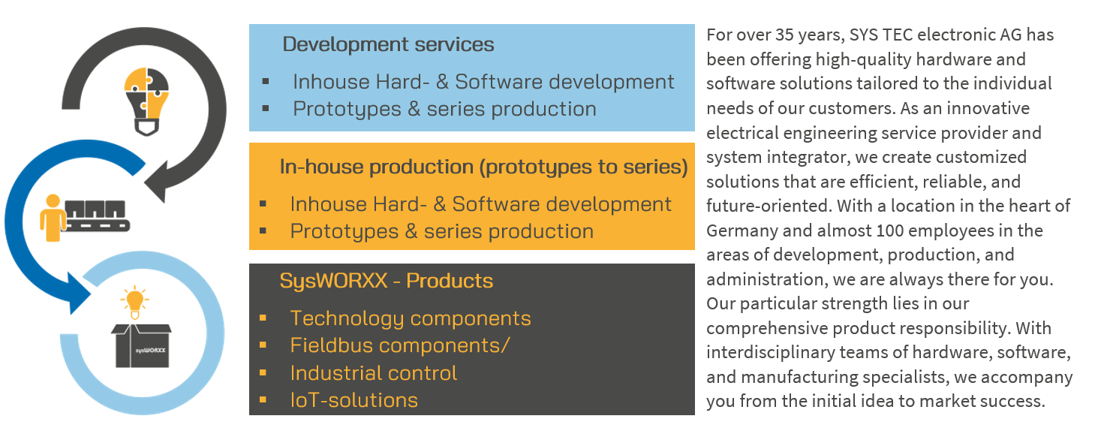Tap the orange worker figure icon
[53, 218]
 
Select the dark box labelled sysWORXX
[141, 345]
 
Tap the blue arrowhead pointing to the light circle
[79, 294]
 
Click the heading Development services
[388, 44]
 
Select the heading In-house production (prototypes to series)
[483, 167]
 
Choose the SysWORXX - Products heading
[386, 281]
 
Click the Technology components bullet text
[411, 318]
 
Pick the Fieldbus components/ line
[400, 345]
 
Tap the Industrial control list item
[374, 373]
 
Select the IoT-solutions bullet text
[354, 400]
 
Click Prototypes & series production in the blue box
[444, 109]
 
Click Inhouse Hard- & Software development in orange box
[480, 204]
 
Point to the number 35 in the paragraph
[784, 35]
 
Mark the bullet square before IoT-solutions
[263, 400]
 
